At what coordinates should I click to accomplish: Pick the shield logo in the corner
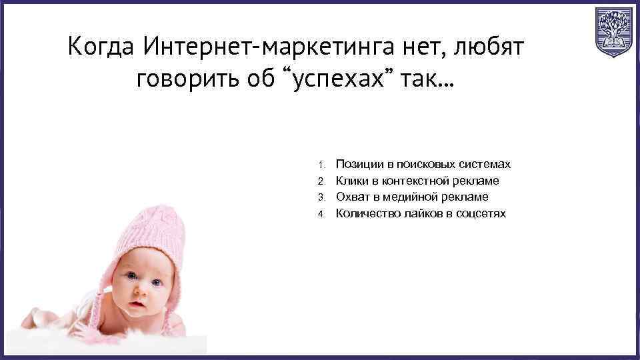[x=613, y=32]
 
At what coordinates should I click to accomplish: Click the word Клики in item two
[x=350, y=181]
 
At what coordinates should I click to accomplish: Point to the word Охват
[x=351, y=197]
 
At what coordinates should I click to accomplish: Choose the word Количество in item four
[x=365, y=213]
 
